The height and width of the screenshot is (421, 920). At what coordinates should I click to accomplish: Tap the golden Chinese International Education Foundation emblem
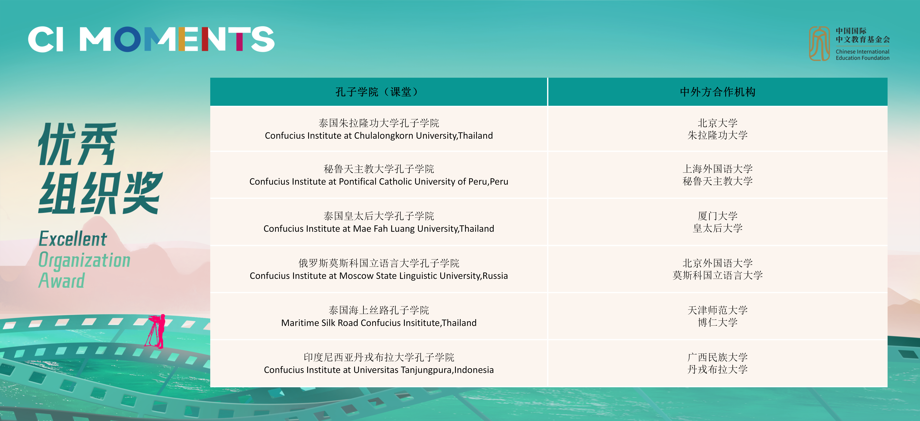coord(819,44)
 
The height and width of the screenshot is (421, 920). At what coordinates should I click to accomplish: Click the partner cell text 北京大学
coord(717,123)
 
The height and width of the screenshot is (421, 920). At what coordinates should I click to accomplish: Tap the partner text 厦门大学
coord(717,216)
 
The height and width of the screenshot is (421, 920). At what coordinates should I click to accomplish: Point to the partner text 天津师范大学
coord(717,310)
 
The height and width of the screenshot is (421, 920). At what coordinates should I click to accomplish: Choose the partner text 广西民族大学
coord(717,357)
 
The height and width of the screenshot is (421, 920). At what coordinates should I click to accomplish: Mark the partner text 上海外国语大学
coord(717,169)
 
